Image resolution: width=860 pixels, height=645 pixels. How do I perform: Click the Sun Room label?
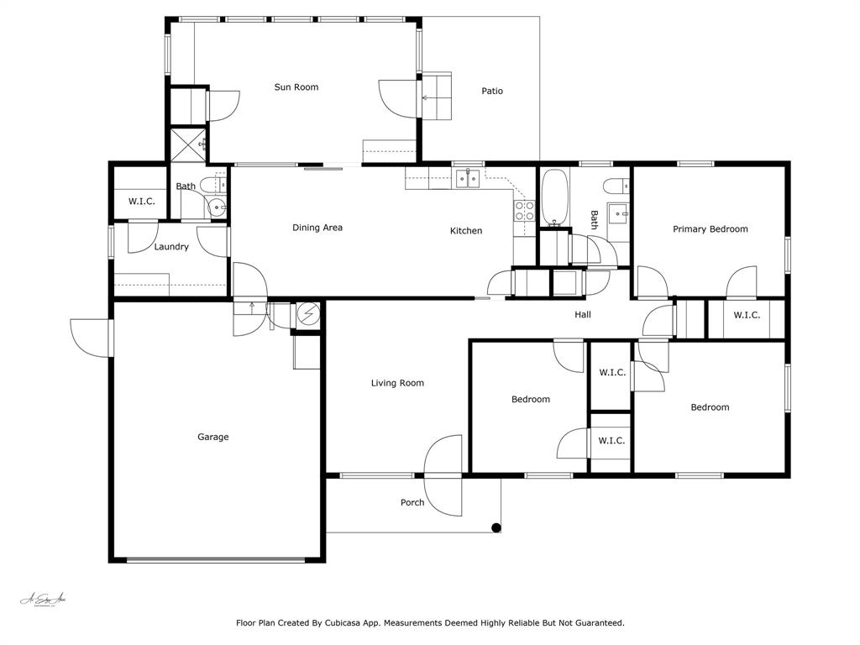point(296,87)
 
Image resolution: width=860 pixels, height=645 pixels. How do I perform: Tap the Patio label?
point(492,91)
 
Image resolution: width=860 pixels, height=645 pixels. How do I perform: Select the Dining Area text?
point(317,228)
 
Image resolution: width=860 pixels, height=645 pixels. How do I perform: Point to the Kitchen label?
point(466,231)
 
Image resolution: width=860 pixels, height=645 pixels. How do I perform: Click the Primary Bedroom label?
point(710,229)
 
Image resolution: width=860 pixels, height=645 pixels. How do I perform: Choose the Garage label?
point(212,437)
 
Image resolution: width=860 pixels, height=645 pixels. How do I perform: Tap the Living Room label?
point(397,383)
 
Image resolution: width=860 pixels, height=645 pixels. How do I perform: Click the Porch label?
point(412,503)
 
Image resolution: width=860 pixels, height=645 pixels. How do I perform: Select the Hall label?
point(583,315)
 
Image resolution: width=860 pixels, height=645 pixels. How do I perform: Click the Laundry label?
point(171,247)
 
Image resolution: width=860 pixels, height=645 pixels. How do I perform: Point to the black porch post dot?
point(496,528)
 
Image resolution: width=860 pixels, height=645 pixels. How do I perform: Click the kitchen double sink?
point(468,178)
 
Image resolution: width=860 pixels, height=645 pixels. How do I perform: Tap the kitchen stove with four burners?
point(524,210)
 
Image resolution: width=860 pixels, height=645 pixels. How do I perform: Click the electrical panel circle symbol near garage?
point(309,314)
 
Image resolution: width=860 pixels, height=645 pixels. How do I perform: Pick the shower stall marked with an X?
point(189,144)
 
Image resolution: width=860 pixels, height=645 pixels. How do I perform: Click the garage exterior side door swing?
point(90,338)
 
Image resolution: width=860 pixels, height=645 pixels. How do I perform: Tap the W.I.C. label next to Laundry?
point(141,202)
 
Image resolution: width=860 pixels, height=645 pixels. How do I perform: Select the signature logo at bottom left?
point(43,600)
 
